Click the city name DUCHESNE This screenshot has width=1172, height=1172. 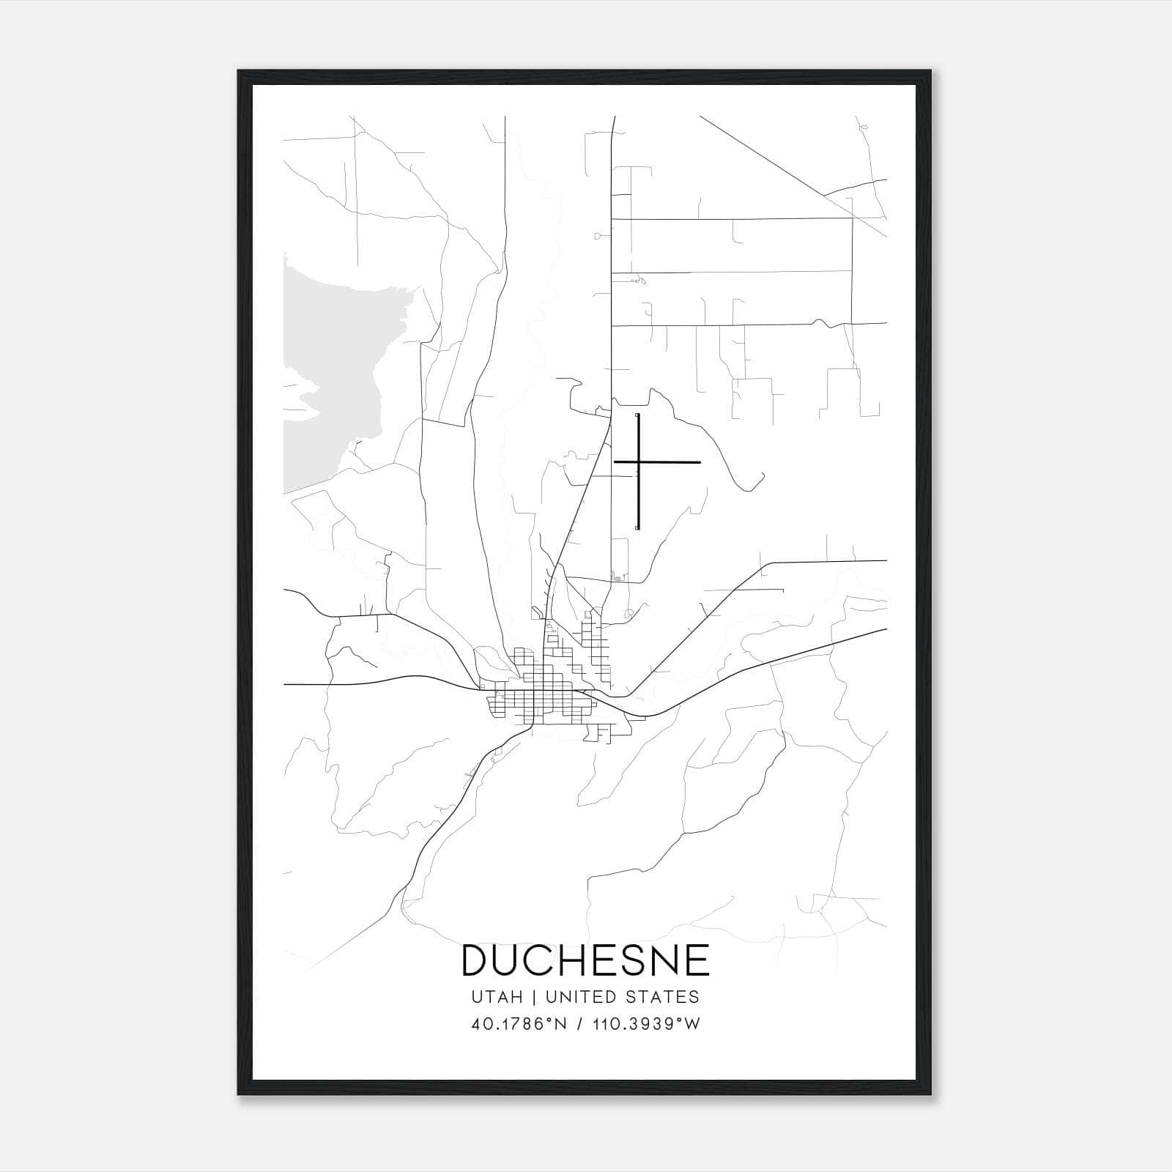pos(585,960)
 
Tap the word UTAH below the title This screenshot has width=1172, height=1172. pos(497,997)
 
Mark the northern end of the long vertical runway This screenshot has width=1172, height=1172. pos(638,416)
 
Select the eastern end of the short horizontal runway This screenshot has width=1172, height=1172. pos(700,462)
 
